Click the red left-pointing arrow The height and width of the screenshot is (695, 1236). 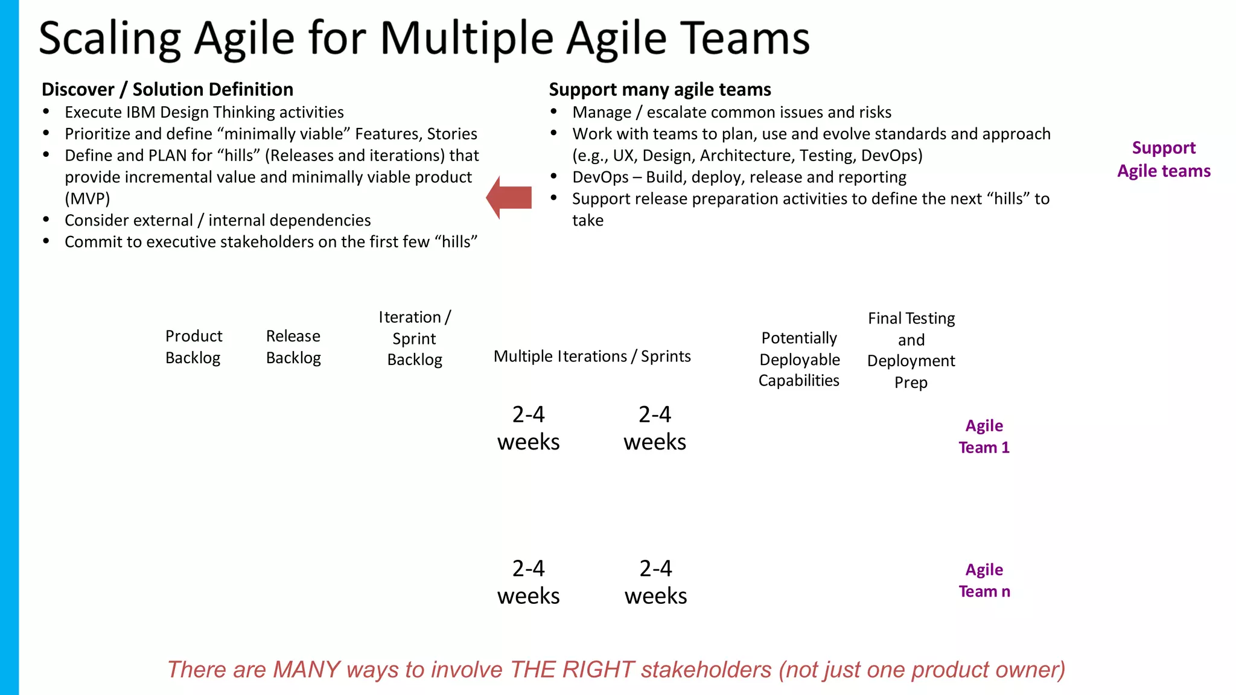tap(509, 198)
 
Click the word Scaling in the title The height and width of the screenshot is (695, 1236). tap(109, 39)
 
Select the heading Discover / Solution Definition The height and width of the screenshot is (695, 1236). tap(167, 89)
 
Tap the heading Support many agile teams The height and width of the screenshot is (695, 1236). tap(660, 89)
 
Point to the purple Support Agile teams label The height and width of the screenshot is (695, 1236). tap(1163, 159)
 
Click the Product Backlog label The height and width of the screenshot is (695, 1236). tap(193, 346)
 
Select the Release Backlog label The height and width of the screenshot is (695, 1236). tap(293, 346)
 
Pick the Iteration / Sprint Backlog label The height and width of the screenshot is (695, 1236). tap(415, 338)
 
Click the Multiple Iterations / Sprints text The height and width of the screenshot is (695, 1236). tap(591, 356)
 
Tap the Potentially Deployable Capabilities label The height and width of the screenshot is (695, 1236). tap(798, 359)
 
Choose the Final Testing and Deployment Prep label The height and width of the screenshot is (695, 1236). tap(911, 350)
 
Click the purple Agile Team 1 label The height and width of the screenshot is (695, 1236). tap(984, 436)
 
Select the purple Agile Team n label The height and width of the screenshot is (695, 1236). tap(984, 580)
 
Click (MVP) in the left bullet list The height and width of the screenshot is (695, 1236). tap(88, 198)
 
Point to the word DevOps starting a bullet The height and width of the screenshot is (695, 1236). tap(600, 177)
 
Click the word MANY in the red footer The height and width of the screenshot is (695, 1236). tap(307, 670)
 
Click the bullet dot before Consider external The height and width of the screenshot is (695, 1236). tap(46, 220)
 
